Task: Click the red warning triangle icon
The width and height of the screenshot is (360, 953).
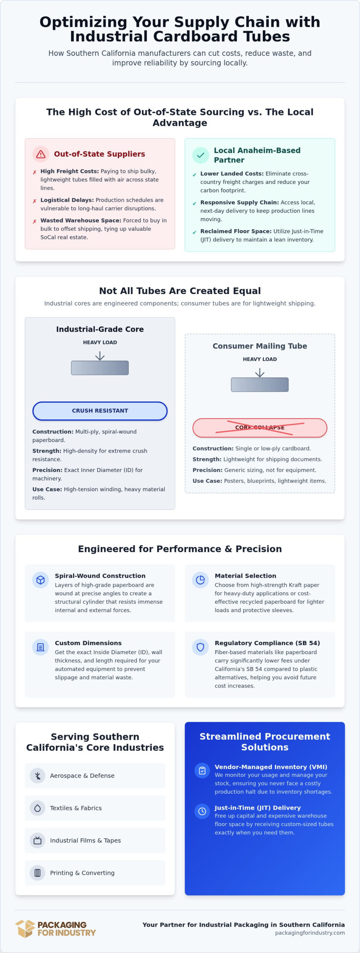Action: tap(41, 154)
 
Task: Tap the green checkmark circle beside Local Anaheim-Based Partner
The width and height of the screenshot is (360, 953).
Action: tap(200, 155)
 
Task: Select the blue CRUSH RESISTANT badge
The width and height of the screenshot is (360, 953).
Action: tap(100, 411)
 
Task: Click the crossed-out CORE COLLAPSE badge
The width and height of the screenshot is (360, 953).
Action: tap(260, 427)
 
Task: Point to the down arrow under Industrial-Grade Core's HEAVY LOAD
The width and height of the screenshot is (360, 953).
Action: tap(100, 356)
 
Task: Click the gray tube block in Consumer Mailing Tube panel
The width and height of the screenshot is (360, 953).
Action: tap(260, 385)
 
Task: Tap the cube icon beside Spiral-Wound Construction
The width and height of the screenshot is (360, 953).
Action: tap(41, 580)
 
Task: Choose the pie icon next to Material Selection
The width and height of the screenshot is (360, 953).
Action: tap(200, 580)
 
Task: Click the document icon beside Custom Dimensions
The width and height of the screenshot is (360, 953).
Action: tap(41, 647)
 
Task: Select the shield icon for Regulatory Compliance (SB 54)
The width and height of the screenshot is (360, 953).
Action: tap(200, 647)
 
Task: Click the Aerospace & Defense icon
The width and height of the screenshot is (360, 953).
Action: tap(38, 776)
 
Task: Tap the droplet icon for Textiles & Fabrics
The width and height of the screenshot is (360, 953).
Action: tap(38, 808)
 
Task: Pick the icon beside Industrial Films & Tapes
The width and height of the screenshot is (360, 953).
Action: tap(38, 841)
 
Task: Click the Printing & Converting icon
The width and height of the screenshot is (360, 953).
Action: tap(38, 873)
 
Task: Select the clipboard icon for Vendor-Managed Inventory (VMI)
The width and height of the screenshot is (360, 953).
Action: tap(202, 770)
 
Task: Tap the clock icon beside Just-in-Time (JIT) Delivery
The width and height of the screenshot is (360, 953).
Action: tap(202, 811)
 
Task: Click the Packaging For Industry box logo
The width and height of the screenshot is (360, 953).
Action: tap(25, 929)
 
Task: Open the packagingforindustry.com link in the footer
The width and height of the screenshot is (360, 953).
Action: tap(310, 933)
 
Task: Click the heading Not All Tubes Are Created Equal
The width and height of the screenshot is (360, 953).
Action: tap(180, 291)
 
